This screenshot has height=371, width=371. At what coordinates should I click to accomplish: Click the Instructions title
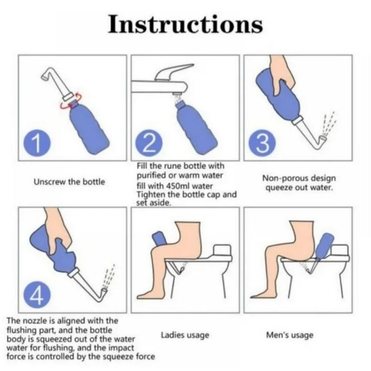(x=185, y=24)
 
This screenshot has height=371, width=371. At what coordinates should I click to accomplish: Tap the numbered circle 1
(x=37, y=144)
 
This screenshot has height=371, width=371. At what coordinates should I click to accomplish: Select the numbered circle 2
(x=149, y=144)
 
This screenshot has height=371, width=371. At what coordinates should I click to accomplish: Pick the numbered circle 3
(x=262, y=144)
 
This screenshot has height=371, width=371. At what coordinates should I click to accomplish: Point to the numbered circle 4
(x=37, y=296)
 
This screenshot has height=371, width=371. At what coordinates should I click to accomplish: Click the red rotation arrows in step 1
(x=71, y=102)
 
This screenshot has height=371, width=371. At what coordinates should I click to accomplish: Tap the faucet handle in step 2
(x=174, y=72)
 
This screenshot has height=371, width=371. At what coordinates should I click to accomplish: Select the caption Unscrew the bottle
(x=69, y=182)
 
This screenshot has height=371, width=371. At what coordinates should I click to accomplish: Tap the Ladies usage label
(x=185, y=335)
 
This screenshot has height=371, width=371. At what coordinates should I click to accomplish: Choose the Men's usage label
(x=290, y=335)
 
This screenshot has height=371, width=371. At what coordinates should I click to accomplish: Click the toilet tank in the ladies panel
(x=222, y=250)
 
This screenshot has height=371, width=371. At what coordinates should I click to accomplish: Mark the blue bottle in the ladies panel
(x=160, y=239)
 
